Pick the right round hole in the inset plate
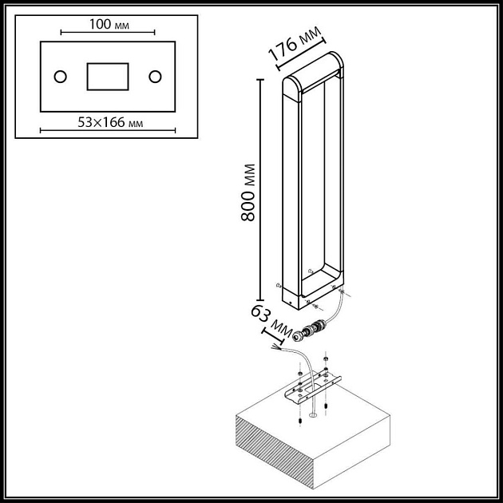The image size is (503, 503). tap(155, 77)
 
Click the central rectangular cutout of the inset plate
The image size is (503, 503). tap(107, 77)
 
